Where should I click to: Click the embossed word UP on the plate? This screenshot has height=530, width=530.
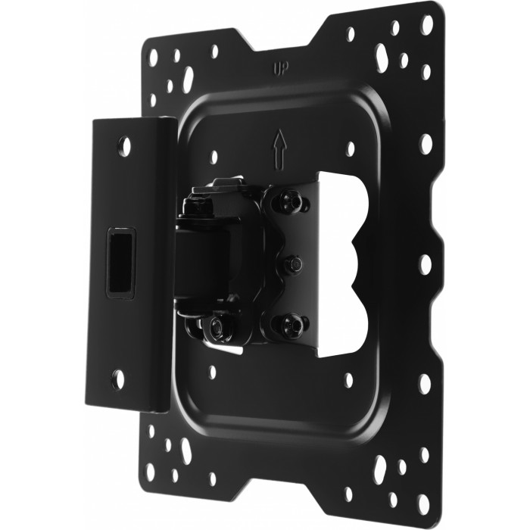pos(281,69)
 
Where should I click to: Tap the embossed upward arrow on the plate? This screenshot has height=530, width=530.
pos(280,150)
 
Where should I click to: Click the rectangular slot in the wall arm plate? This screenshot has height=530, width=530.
pos(121,263)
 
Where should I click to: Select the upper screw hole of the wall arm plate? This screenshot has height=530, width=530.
pos(125,146)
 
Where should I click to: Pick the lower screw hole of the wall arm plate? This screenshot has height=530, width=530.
pos(118,379)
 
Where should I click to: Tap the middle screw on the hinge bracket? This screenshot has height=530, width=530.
pos(293,263)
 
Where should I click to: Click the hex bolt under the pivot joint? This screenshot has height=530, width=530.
pos(217,327)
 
